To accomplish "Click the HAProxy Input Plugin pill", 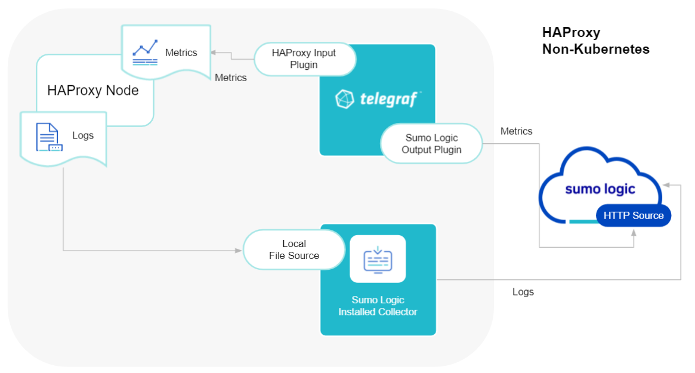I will (x=304, y=58).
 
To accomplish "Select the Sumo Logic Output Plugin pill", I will (x=431, y=144).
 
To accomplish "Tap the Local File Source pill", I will (x=294, y=249).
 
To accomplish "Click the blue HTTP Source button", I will (x=633, y=215).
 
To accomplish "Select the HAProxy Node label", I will (x=93, y=91).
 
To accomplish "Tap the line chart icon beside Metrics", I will (x=145, y=53).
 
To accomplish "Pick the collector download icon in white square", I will (x=378, y=258).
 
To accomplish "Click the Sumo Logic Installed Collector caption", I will (x=378, y=306).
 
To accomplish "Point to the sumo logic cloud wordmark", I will (x=600, y=189).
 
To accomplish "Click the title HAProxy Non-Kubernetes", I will (x=595, y=41).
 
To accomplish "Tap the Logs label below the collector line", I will (x=523, y=292).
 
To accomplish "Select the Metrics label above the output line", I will (x=517, y=131).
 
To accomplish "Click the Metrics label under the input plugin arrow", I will (x=230, y=78).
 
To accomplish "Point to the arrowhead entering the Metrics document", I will (x=215, y=53).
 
